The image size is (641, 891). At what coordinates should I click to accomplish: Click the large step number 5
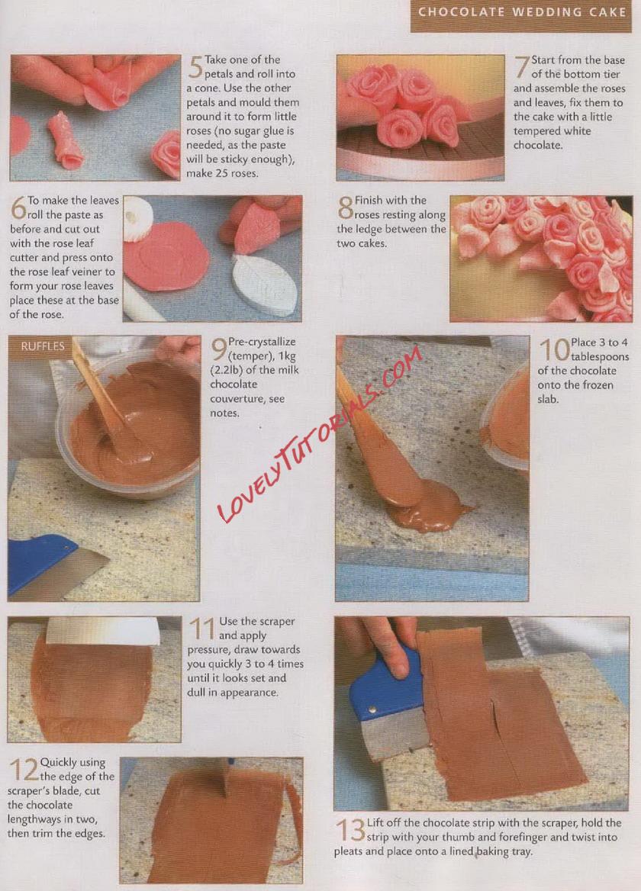point(195,67)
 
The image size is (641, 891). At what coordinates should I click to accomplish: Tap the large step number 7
point(522,67)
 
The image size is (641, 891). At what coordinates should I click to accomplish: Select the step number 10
point(553,349)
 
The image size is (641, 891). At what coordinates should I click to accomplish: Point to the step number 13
point(349,830)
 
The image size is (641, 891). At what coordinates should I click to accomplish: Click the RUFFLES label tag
point(43,346)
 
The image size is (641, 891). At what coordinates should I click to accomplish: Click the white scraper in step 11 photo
point(102,631)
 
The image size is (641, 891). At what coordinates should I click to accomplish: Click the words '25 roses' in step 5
point(237,173)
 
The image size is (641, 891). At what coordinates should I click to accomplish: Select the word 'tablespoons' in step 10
point(600,357)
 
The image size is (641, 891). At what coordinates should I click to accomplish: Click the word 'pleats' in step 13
point(349,851)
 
